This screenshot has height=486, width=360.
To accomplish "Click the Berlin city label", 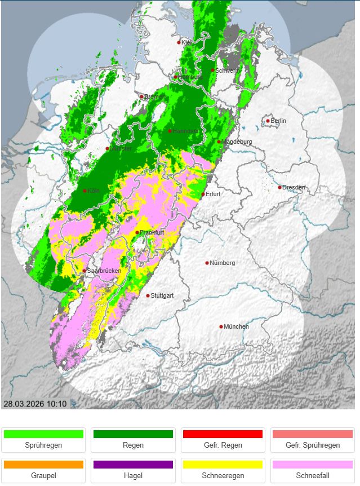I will point(279,121).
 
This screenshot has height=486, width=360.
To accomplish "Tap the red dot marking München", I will point(221,326).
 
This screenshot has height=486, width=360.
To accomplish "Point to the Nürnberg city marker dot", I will point(207,263).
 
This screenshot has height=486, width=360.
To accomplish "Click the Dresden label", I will point(294,187).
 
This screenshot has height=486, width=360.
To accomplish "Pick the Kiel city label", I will point(186,42).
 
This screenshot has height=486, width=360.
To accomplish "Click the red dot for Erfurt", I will point(203,195).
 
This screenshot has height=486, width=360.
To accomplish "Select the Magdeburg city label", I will point(237,142).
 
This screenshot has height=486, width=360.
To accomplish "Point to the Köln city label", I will point(94,191).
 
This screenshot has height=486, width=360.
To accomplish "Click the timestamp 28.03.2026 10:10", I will point(35,404).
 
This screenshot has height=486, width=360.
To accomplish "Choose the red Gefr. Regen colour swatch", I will point(223,434).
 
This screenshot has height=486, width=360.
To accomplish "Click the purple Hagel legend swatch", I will point(133,465).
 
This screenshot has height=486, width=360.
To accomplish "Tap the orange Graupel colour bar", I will point(43,465).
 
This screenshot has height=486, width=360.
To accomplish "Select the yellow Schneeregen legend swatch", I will point(223,465).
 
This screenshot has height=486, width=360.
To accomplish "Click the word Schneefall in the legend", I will point(312,476).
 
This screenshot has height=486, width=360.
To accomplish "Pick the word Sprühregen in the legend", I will point(43,445).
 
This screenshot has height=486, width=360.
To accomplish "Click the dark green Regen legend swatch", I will point(133,434).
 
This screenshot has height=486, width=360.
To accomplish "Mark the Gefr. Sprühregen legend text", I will point(312,445).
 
